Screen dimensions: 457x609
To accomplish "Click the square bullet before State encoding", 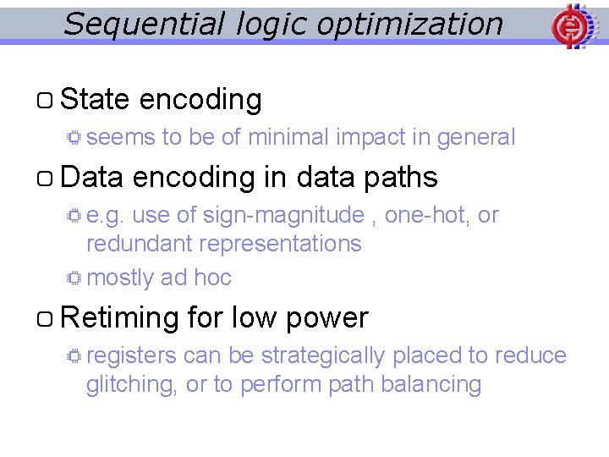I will pos(46,102).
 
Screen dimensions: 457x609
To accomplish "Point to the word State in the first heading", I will pos(95,100).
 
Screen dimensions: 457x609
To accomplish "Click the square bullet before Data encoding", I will pos(46,179).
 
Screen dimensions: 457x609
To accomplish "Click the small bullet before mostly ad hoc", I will pos(74,278).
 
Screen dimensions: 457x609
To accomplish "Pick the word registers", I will pos(131,355).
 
